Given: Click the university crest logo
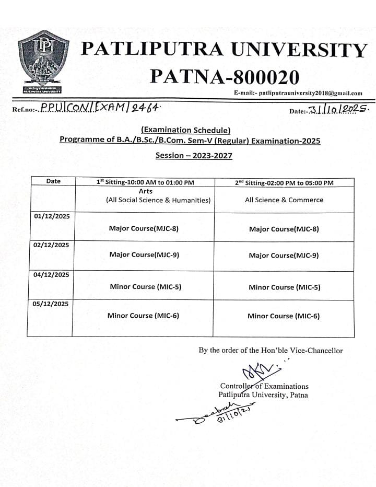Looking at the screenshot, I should point(45,62).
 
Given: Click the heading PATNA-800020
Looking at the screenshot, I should point(225,77).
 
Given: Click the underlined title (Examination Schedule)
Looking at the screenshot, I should point(185,130).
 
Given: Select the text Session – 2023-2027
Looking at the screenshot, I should point(194,155).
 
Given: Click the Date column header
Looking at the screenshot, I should point(53,181).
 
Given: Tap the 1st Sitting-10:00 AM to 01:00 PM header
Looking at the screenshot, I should point(145,182).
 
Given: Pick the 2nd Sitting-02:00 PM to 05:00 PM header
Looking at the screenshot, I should point(284,182).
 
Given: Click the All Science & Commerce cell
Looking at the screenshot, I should point(284,200).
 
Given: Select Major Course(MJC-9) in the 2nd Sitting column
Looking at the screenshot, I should point(284,256).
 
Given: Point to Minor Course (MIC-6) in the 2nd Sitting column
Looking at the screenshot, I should point(284,316).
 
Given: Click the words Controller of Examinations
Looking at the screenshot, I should point(264,386).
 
